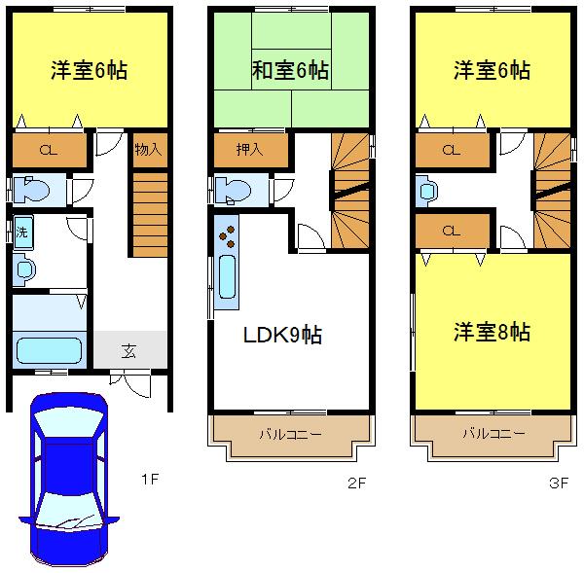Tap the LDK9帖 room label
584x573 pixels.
click(x=282, y=336)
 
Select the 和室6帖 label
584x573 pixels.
click(x=290, y=71)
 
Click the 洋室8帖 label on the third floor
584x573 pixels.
click(x=492, y=332)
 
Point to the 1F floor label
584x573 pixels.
click(x=149, y=480)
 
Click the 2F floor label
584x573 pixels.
click(x=355, y=481)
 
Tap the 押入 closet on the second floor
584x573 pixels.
click(x=250, y=150)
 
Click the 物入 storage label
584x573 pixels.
click(x=149, y=150)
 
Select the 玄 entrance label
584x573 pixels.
click(x=128, y=351)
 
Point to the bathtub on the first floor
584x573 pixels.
click(x=48, y=347)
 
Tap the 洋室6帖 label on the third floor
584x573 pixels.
click(x=492, y=71)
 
